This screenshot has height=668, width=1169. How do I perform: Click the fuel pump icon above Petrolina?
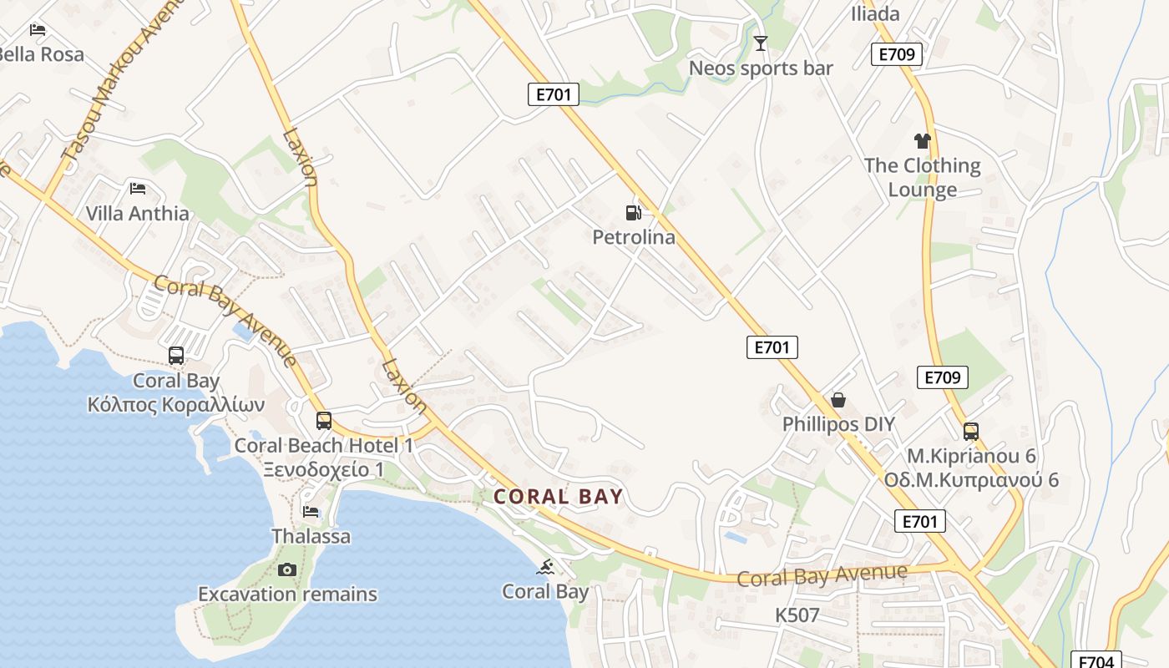634,213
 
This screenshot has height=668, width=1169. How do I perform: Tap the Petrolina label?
634,237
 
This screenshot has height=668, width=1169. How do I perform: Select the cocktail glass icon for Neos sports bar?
761,43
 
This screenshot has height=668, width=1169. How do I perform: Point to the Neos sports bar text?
761,68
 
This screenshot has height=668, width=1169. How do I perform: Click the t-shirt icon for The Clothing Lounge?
922,141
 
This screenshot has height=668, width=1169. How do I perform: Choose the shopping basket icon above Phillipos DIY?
838,401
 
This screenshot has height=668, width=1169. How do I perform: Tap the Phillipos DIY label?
838,424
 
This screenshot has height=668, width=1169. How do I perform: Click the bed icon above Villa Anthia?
138,189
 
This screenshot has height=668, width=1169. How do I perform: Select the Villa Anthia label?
138,214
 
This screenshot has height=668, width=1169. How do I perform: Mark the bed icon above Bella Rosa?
38,30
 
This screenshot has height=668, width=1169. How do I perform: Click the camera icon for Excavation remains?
287,570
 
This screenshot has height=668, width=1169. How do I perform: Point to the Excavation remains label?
287,595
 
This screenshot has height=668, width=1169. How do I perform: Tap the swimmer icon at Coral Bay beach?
545,568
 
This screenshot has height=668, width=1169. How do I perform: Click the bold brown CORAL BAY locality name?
559,497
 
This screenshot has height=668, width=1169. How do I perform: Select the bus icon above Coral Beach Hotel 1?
324,421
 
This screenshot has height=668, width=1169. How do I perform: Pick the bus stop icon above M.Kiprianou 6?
971,432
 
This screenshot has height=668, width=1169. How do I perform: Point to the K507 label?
797,615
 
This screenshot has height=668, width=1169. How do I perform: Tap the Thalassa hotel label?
311,536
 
